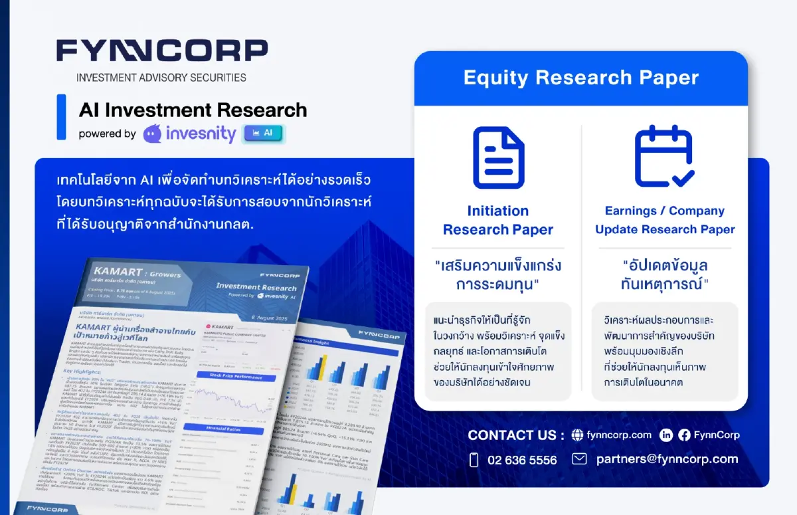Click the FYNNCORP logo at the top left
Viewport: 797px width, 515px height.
tap(162, 51)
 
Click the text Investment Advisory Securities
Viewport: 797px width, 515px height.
tap(161, 77)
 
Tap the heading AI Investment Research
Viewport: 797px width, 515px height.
tap(193, 110)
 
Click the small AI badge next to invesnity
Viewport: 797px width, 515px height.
tap(263, 133)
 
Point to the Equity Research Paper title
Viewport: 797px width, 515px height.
tap(580, 78)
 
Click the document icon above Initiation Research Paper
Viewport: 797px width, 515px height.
tap(498, 157)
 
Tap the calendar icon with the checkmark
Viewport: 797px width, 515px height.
tap(664, 156)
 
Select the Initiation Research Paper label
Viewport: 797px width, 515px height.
tap(498, 221)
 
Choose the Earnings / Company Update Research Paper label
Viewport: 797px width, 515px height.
tap(665, 221)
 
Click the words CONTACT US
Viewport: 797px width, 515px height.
tap(515, 435)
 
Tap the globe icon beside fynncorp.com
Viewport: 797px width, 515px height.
tap(577, 435)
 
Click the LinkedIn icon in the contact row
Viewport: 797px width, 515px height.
tap(666, 435)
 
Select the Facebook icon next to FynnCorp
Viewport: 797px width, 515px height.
tap(685, 435)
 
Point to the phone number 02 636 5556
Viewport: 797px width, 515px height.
tap(522, 460)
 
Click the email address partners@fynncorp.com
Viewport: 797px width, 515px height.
tap(667, 459)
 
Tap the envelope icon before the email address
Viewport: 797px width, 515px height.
tap(579, 459)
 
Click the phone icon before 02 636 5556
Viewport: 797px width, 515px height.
tap(474, 460)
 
